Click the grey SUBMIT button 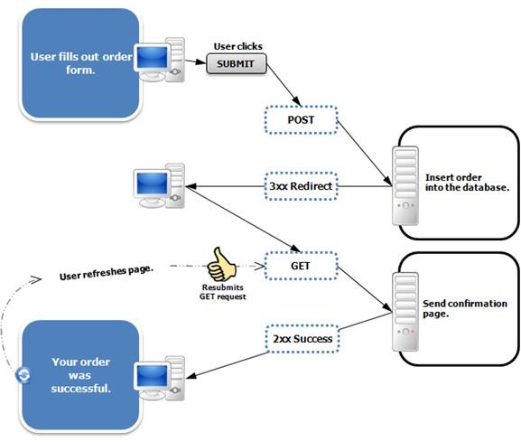(237, 63)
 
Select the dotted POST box (301, 119)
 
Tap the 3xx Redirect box (301, 186)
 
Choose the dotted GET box (301, 266)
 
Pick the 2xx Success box (302, 339)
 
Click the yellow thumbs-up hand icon (221, 265)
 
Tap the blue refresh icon (23, 375)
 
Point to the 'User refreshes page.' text (107, 273)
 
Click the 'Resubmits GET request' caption (223, 292)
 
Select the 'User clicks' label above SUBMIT (237, 47)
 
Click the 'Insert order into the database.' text (467, 183)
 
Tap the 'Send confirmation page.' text (465, 308)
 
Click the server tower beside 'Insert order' (405, 185)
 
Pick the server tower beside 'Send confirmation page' (405, 312)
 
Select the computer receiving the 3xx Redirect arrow (159, 186)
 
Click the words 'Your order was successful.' (80, 375)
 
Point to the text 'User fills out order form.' (81, 63)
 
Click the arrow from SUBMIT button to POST (284, 85)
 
